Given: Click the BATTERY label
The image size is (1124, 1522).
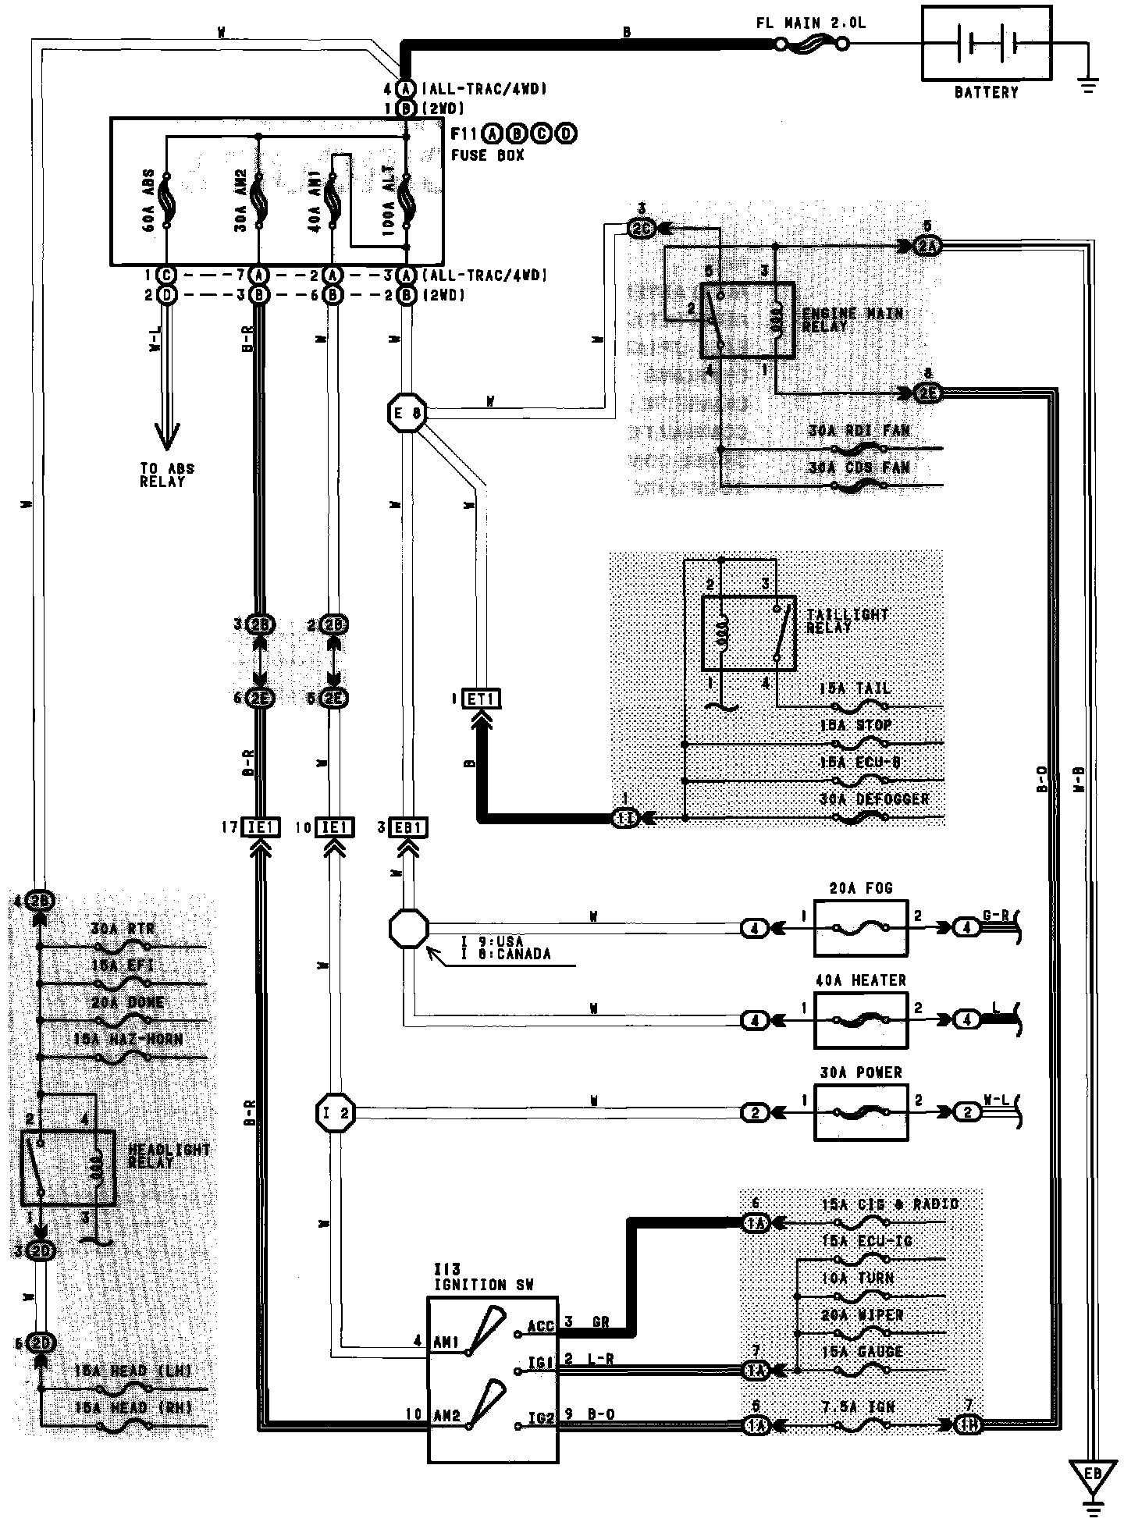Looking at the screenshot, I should tap(986, 92).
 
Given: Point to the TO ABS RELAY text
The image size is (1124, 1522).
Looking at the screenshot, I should tap(166, 475).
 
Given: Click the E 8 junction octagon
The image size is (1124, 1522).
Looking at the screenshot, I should tap(407, 413).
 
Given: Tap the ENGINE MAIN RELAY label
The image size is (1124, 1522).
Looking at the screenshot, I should tap(852, 319).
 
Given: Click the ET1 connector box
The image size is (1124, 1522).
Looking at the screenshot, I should tap(480, 699).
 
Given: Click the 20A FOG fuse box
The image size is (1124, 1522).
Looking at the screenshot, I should tap(860, 928).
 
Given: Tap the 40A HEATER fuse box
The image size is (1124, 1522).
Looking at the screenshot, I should tap(860, 1020).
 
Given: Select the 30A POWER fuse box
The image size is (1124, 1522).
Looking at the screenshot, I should tap(860, 1112).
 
